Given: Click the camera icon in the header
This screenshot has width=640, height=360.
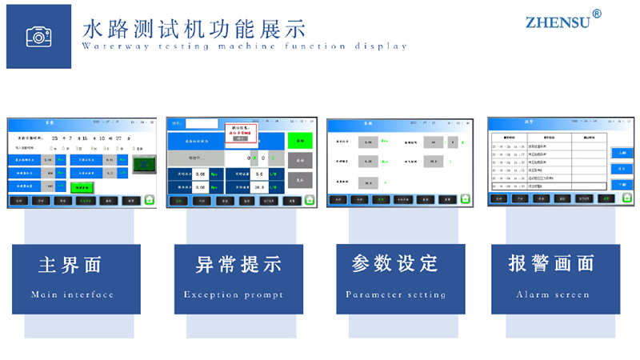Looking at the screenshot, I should tap(38, 36).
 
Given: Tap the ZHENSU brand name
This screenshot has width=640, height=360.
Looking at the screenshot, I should tap(558, 22).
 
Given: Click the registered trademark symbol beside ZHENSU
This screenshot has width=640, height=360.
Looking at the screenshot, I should tap(597, 14).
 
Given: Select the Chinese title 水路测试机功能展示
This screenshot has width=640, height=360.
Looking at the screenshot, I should tap(194, 28).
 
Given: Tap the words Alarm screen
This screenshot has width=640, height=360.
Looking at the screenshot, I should tap(552, 294).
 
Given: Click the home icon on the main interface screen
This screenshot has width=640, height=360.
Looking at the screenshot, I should tap(150, 200).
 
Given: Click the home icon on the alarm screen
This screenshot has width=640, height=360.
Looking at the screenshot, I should tap(626, 197).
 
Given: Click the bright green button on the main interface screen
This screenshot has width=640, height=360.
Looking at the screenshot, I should tap(82, 186).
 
